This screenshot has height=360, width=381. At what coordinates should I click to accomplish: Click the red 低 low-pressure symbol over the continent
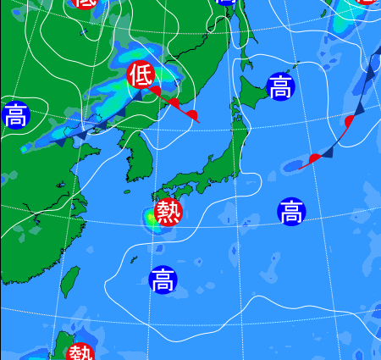point(140,75)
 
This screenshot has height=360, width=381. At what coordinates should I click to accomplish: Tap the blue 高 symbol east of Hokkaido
point(279,86)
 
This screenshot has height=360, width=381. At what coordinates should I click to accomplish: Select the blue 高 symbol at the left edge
point(14,114)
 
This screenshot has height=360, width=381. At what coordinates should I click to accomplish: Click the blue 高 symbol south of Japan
point(163,279)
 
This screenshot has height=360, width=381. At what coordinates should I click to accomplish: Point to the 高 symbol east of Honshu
point(290,211)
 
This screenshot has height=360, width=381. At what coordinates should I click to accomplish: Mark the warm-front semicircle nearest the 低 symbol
point(156,91)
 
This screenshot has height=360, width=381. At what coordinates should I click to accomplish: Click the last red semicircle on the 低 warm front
point(193,114)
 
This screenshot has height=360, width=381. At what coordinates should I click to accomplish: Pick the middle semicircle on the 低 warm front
point(174,102)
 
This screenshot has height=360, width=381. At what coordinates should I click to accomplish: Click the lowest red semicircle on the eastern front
point(315,158)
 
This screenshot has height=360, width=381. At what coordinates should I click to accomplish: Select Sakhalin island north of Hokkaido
point(245,30)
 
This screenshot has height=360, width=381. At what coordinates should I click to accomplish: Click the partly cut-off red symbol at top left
point(85,3)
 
